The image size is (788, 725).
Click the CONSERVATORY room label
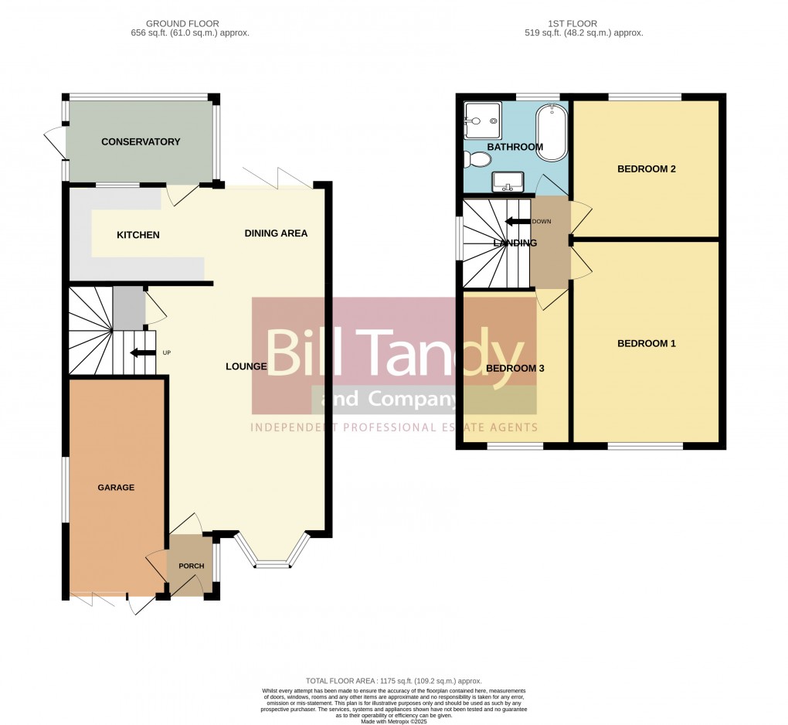(141, 142)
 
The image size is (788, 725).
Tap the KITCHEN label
(138, 235)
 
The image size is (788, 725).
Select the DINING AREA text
(276, 233)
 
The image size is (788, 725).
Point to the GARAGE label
(116, 488)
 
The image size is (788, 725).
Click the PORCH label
(192, 567)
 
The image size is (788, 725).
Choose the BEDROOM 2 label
(647, 168)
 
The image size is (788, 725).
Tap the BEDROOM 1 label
(647, 344)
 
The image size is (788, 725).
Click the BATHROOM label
(515, 147)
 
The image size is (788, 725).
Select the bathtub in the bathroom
(552, 132)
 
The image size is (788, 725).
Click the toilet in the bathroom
(477, 160)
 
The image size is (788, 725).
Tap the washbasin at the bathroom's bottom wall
(508, 182)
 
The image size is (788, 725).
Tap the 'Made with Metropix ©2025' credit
(394, 720)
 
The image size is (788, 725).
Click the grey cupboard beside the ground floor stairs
(127, 307)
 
